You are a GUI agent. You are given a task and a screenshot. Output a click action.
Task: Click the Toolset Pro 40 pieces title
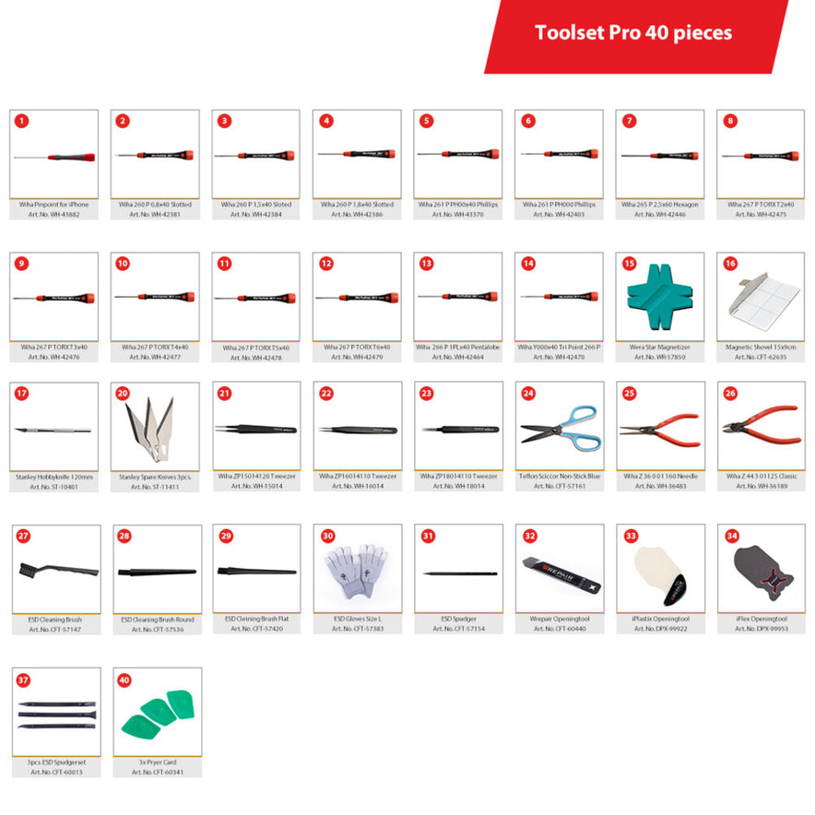pos(633,33)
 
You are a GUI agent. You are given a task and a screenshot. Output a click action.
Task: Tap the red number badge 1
pos(22,121)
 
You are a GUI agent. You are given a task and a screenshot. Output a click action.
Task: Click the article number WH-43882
pos(53,214)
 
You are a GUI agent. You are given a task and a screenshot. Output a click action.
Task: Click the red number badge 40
pos(125,679)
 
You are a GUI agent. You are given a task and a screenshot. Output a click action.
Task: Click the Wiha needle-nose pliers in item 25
pos(660,429)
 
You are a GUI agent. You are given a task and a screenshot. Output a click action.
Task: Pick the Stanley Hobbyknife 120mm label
pos(53,477)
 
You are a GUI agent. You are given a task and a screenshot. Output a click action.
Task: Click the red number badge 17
pos(22,393)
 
